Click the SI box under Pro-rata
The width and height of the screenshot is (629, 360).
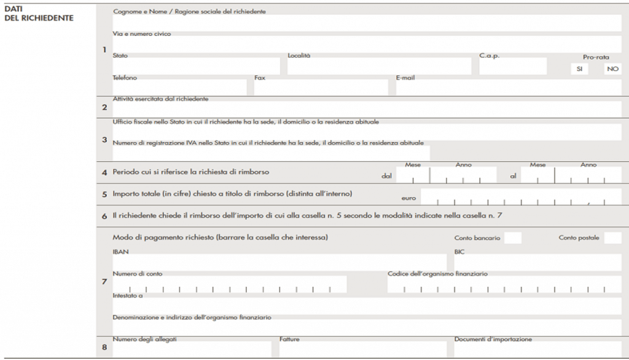(579, 69)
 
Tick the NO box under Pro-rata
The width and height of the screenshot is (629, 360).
(612, 69)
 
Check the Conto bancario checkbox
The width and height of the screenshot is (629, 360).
(513, 238)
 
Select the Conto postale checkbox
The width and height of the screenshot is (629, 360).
(612, 238)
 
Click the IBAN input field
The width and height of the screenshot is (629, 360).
(279, 262)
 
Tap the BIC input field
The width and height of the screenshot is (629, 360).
(537, 262)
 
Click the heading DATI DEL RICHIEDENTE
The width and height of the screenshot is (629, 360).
(39, 14)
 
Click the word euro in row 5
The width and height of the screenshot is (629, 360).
(408, 199)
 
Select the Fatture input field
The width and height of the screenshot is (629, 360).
(362, 349)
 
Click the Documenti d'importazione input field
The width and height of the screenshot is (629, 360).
(537, 349)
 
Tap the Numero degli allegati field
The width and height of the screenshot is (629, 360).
(192, 349)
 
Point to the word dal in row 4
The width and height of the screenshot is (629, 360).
(386, 176)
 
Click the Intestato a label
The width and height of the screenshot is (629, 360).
(128, 295)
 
